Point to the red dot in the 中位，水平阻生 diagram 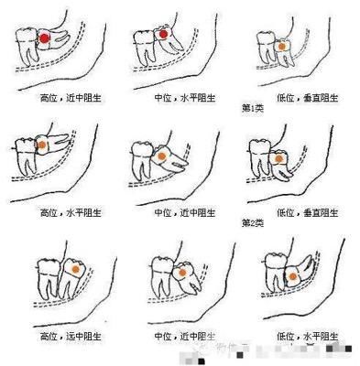pyautogui.click(x=162, y=35)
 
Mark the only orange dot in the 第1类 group pyautogui.click(x=282, y=45)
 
